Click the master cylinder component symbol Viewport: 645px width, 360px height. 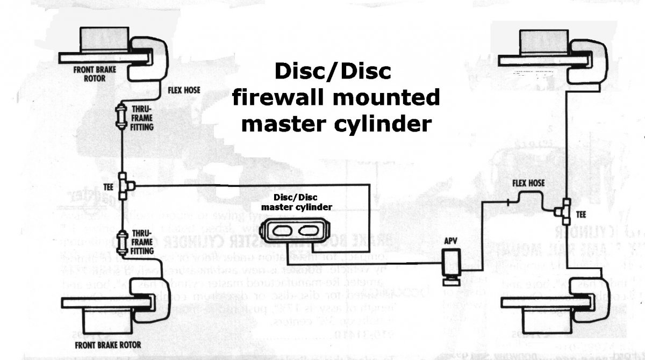pos(293,233)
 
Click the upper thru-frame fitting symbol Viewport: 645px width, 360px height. pos(122,116)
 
